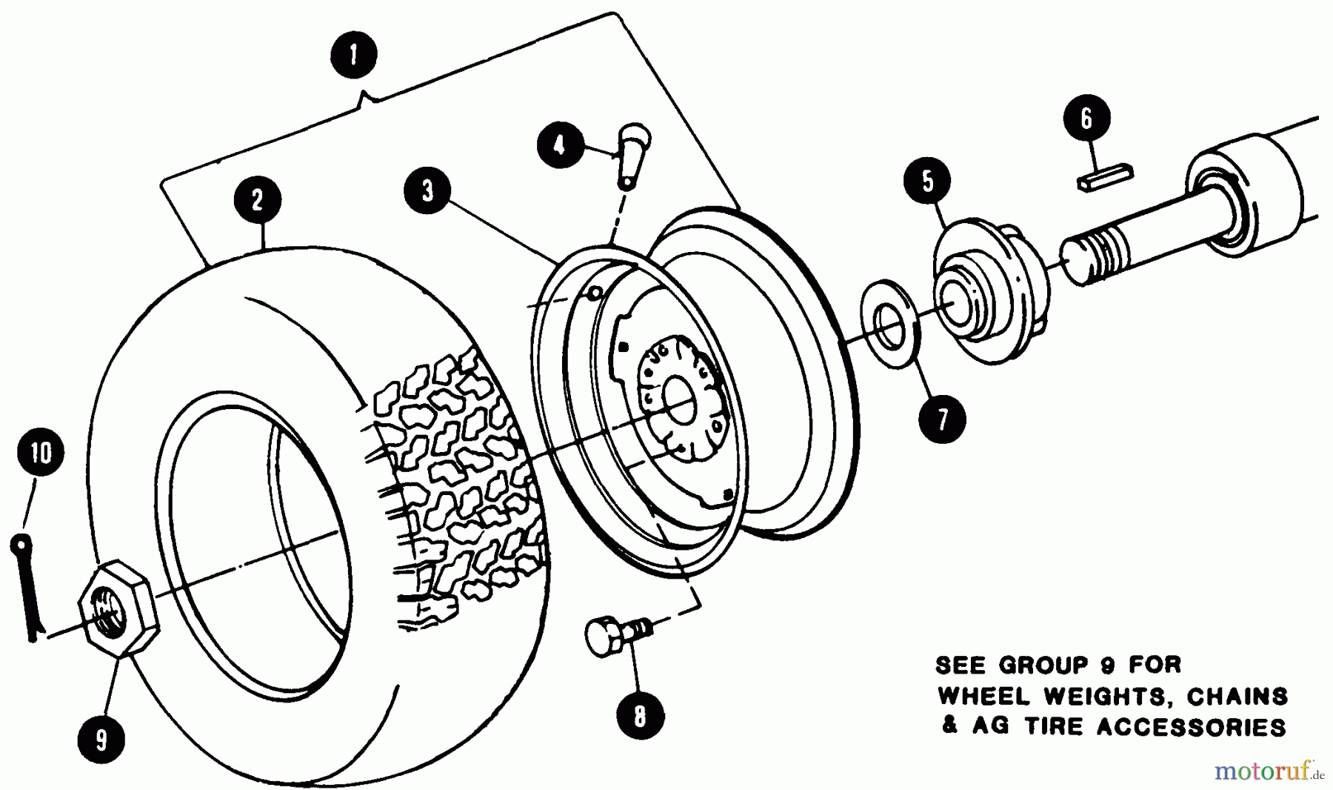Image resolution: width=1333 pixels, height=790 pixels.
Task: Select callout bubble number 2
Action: pos(257,199)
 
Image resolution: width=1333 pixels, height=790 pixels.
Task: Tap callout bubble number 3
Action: pos(428,190)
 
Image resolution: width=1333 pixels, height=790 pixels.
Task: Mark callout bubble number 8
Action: pos(640,716)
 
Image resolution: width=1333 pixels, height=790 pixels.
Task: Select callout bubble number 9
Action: pos(101,738)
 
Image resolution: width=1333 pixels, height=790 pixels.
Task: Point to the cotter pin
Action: pos(27,585)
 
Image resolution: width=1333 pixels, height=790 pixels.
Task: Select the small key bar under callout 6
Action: pos(1105,179)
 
